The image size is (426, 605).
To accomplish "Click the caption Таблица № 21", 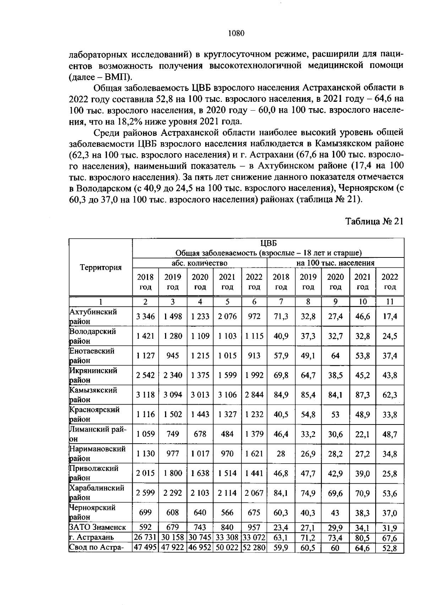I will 375,221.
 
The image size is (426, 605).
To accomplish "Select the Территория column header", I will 100,267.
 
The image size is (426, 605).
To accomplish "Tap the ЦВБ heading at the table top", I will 268,243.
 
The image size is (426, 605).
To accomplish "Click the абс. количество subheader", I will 200,263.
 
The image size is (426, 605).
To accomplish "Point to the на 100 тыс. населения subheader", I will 335,263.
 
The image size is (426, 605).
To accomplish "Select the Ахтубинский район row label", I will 93,316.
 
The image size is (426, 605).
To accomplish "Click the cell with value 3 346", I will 146,316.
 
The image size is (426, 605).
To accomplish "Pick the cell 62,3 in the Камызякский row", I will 389,395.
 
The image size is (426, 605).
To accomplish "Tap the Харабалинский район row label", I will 97,493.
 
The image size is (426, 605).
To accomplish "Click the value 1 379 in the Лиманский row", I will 254,434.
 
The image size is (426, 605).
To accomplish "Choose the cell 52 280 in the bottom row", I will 254,548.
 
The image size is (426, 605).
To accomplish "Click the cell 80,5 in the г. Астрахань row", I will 362,538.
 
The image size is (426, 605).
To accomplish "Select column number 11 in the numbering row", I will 389,302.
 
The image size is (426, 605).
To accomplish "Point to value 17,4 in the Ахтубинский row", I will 389,316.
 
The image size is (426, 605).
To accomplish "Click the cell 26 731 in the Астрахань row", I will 146,538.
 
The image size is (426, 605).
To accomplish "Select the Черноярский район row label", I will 93,512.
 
